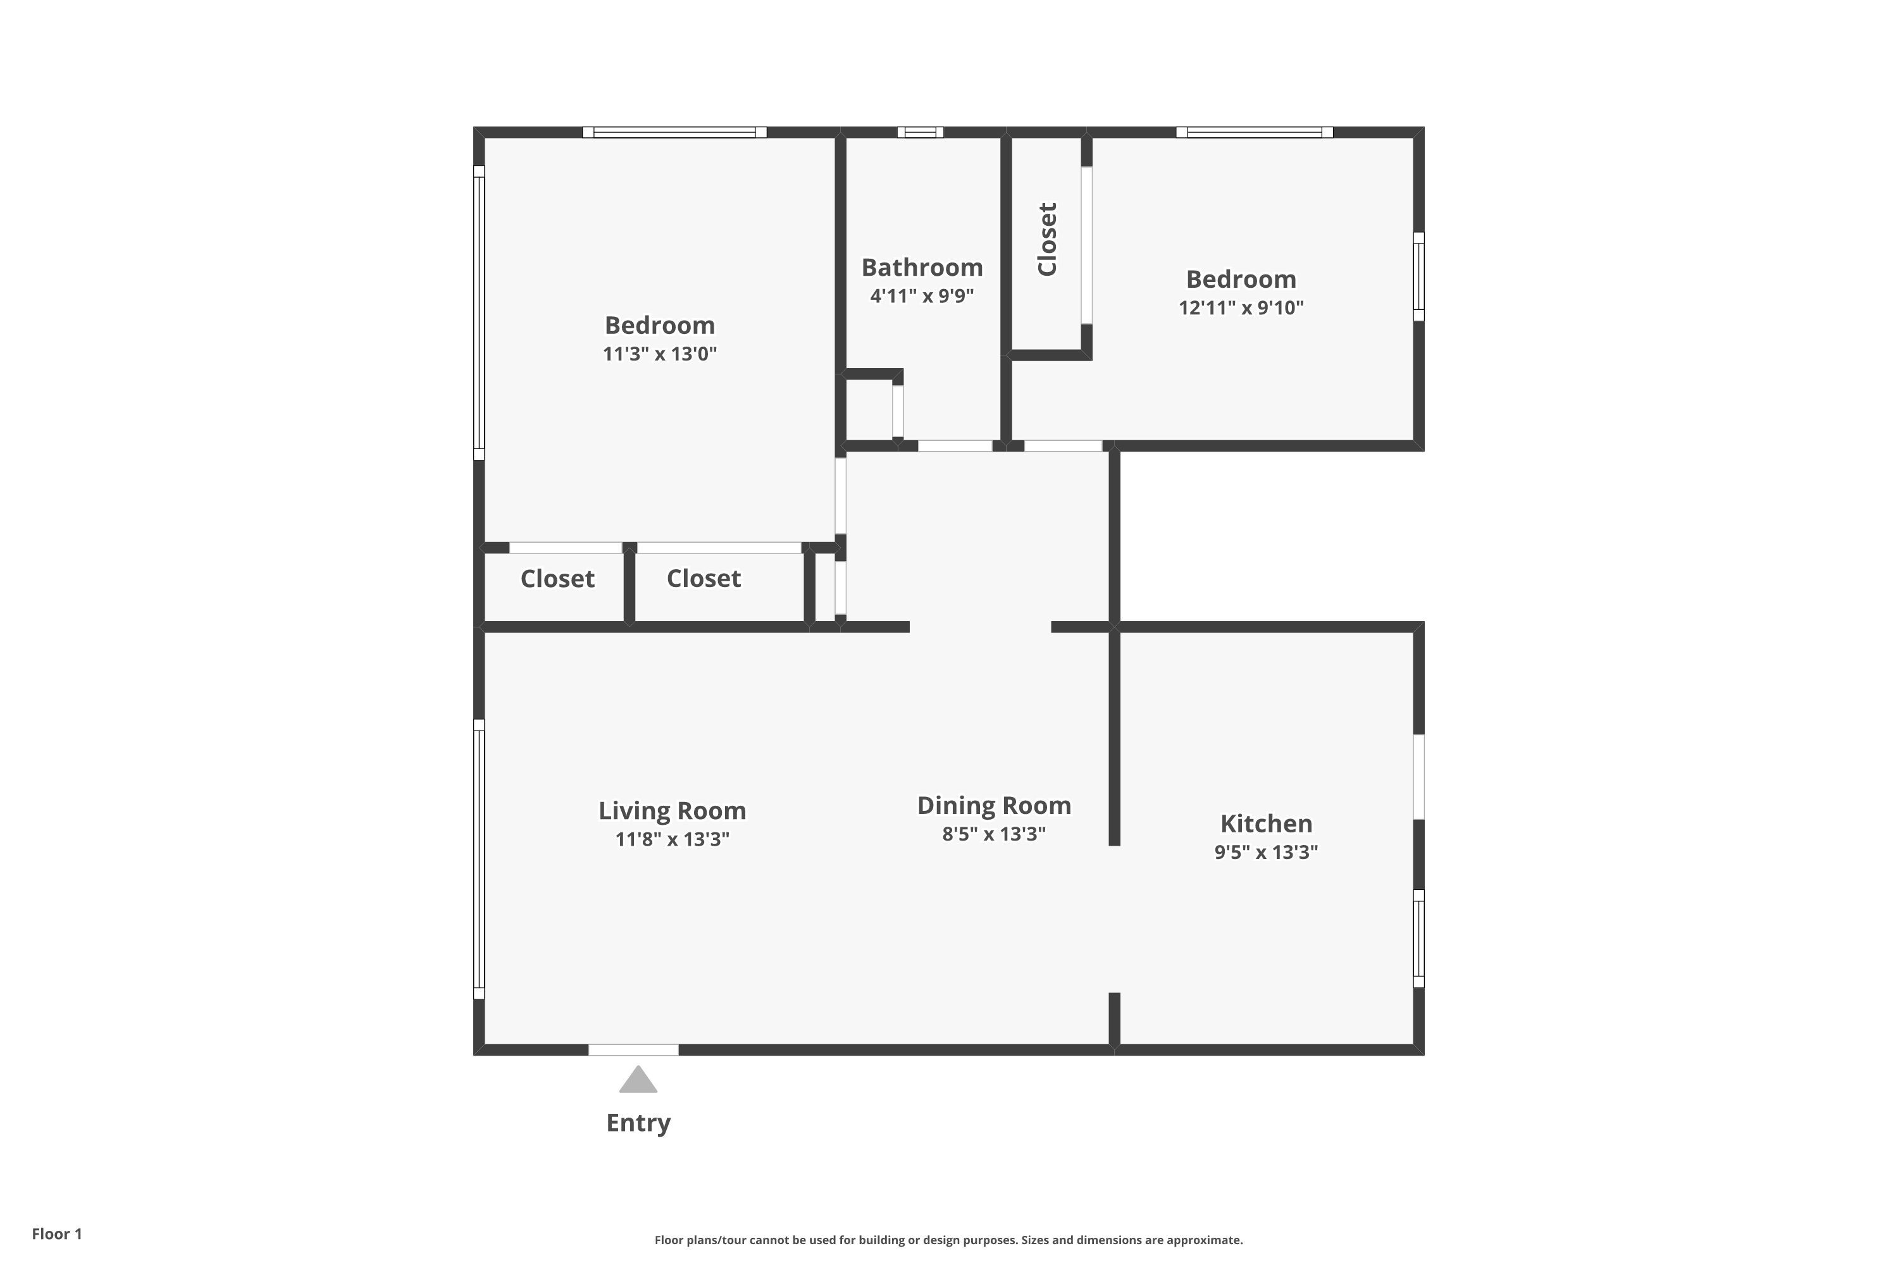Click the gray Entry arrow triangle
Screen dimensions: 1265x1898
[638, 1081]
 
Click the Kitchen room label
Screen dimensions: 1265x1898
[1265, 824]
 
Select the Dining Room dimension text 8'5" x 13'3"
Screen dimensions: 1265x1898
[993, 834]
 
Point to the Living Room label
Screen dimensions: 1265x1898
[671, 811]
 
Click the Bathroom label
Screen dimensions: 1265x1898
[922, 267]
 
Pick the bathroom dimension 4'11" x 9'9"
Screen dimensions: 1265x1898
[922, 296]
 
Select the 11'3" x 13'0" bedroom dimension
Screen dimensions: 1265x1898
[659, 354]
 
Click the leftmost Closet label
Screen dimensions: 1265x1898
[557, 579]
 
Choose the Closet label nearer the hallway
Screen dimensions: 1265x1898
[703, 579]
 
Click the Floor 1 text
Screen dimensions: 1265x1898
[56, 1233]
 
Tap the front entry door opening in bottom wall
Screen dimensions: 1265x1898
[633, 1049]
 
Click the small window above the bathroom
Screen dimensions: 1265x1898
[920, 132]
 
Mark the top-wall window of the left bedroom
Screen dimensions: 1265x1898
[674, 132]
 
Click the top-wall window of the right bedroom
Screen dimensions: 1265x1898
[1254, 132]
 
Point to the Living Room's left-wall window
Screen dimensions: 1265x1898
[478, 859]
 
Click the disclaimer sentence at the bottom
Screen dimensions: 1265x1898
[948, 1240]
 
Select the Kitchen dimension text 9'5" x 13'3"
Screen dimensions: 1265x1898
[1265, 853]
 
